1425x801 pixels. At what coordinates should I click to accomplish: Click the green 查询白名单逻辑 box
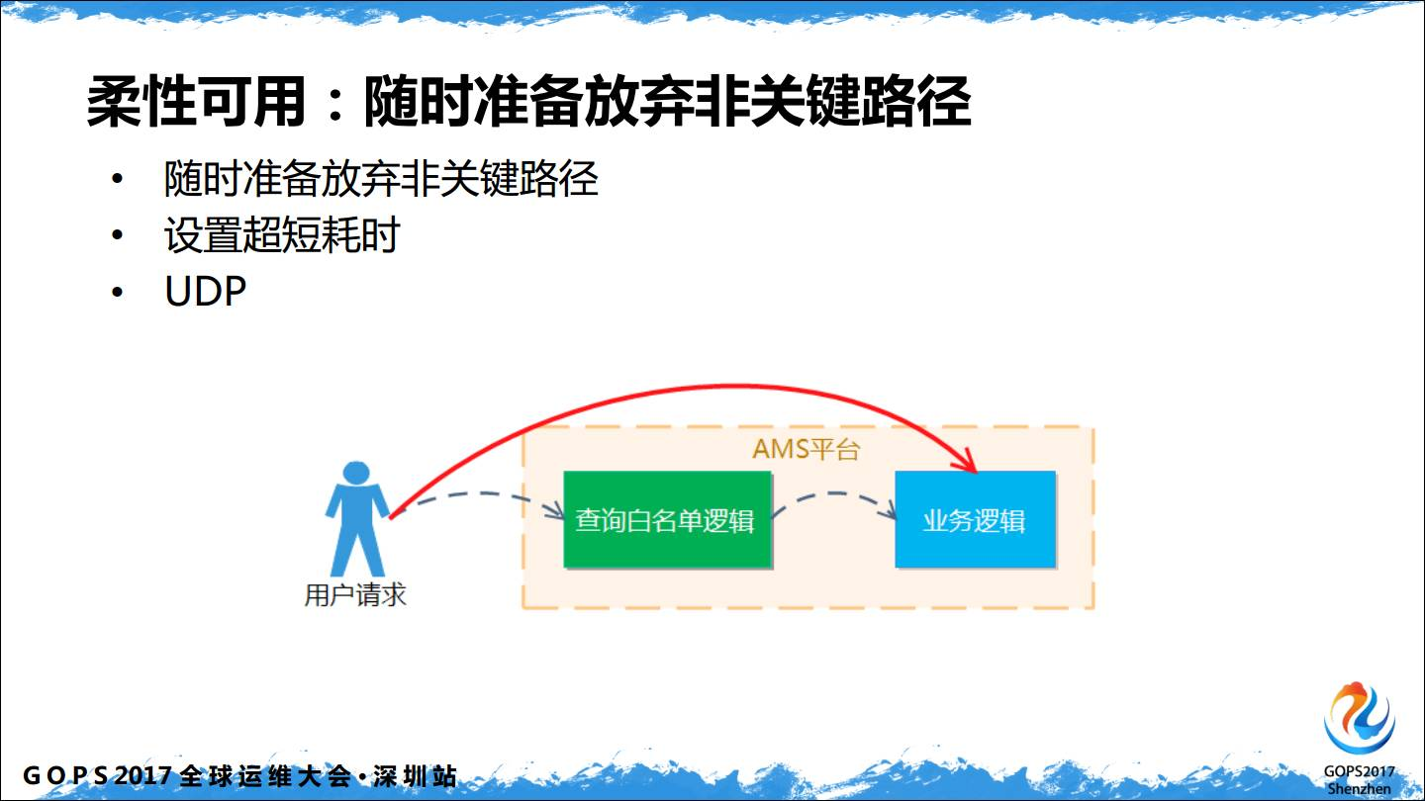coord(667,519)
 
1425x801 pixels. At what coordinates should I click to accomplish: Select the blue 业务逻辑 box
coord(976,519)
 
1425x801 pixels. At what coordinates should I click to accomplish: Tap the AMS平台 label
coord(806,449)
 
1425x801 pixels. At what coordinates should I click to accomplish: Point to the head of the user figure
coord(355,474)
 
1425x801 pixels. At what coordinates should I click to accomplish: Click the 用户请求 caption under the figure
coord(355,595)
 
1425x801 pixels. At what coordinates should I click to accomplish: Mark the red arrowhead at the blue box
coord(965,461)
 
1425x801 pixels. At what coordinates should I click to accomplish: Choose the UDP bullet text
coord(205,292)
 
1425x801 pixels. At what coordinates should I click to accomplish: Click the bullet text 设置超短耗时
coord(282,235)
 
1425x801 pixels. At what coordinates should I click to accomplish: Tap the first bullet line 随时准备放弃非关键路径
coord(381,179)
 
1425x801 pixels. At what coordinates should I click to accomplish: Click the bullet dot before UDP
coord(117,293)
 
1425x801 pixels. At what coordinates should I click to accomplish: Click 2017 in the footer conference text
coord(143,775)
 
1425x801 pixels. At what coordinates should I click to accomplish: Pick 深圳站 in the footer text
coord(415,775)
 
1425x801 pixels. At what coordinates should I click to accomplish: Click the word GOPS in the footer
coord(65,775)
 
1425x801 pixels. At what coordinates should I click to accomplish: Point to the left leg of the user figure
coord(343,552)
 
